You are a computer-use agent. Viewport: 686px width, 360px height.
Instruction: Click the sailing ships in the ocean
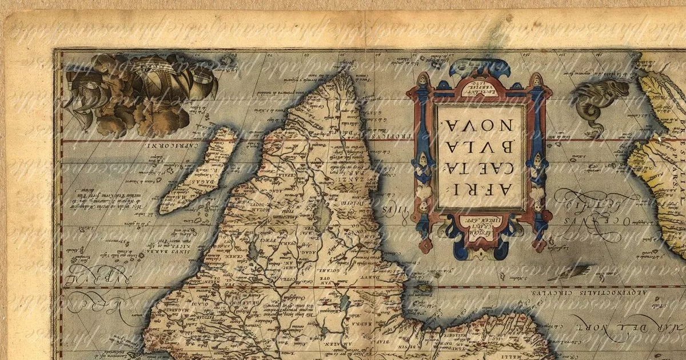coord(141,91)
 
